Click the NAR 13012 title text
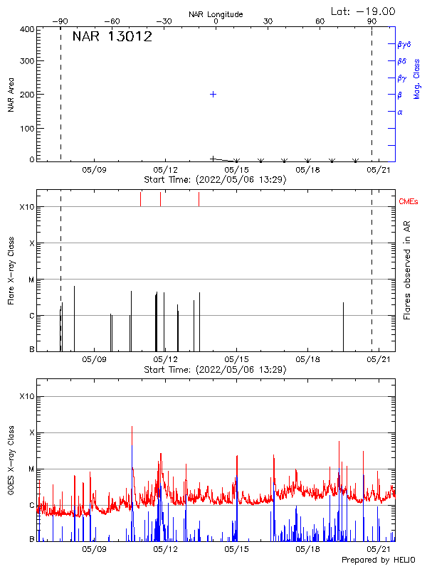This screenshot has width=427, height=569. coord(112,37)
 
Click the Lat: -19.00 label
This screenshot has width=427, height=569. coord(364,11)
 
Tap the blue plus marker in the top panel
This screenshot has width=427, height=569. coord(213,94)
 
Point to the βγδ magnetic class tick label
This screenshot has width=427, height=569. coord(403,44)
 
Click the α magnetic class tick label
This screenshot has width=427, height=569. coord(400,112)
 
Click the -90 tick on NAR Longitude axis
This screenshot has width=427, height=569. coord(63,21)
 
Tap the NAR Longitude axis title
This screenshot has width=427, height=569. coord(216,14)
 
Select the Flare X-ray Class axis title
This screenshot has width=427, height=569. coord(11,270)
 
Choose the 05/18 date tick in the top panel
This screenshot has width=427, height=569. coord(307,169)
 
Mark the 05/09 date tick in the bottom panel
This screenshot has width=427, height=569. coord(94,550)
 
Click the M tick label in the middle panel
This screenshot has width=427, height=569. coord(31,280)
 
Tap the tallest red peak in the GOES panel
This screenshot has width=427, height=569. coord(132,427)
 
